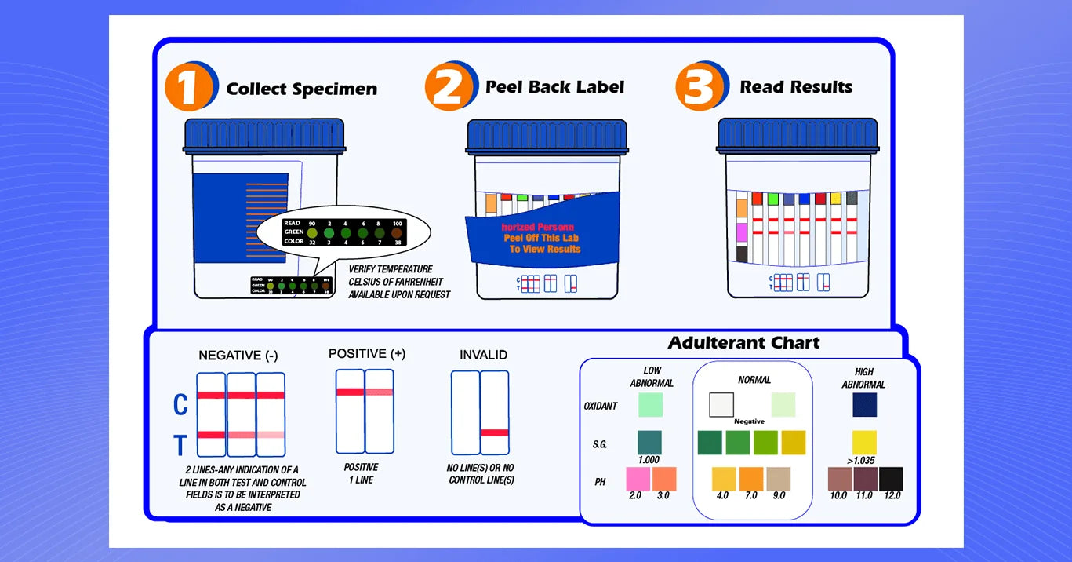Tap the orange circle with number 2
pos(449,86)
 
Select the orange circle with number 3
pos(700,86)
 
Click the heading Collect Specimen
pos(302,89)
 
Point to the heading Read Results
pos(796,87)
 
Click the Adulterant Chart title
pos(743,343)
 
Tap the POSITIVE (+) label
pos(367,354)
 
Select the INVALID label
pos(483,355)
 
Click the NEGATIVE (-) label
pos(238,356)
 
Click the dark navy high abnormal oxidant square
pos(865,405)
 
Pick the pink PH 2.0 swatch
pos(638,479)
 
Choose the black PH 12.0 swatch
pos(891,479)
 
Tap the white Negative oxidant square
pos(721,405)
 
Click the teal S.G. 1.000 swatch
pos(649,443)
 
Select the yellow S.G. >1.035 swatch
pos(865,443)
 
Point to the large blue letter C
pos(180,405)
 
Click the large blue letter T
pos(180,446)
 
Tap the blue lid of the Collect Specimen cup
pos(264,136)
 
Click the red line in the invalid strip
pos(494,432)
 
